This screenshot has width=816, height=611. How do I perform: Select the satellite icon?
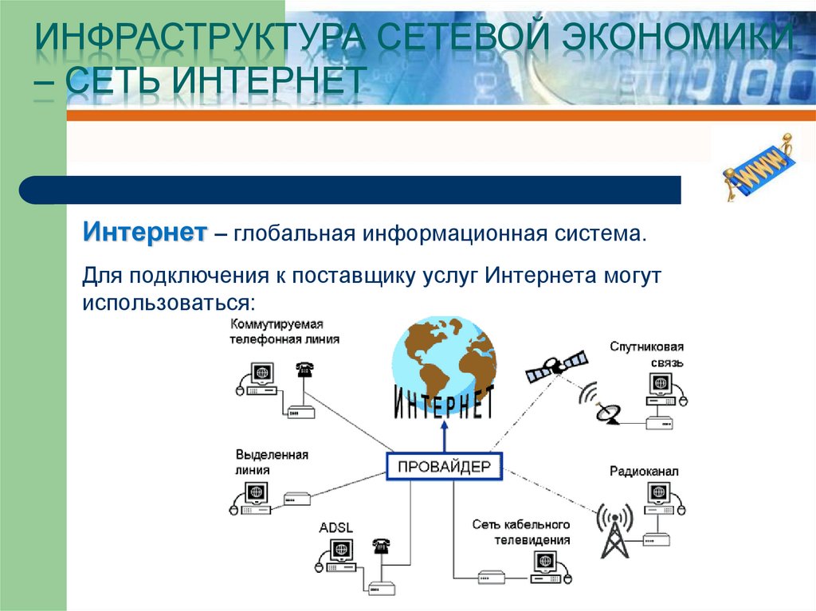coord(555,366)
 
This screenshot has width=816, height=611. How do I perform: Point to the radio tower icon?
coord(614,530)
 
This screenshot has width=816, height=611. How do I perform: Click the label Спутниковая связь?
coord(647,354)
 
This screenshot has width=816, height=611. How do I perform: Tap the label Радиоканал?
coord(644,472)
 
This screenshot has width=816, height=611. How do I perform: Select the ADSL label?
coord(335,528)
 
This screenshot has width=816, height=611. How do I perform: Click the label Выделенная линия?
coord(271,462)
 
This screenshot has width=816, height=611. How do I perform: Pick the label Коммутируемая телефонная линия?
coord(284,331)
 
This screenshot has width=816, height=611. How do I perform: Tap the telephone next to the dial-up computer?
coord(304,370)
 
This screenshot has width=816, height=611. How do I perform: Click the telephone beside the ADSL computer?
coord(381,546)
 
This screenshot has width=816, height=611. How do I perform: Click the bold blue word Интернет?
coord(145,233)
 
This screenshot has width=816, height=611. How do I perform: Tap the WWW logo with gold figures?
coord(757,168)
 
